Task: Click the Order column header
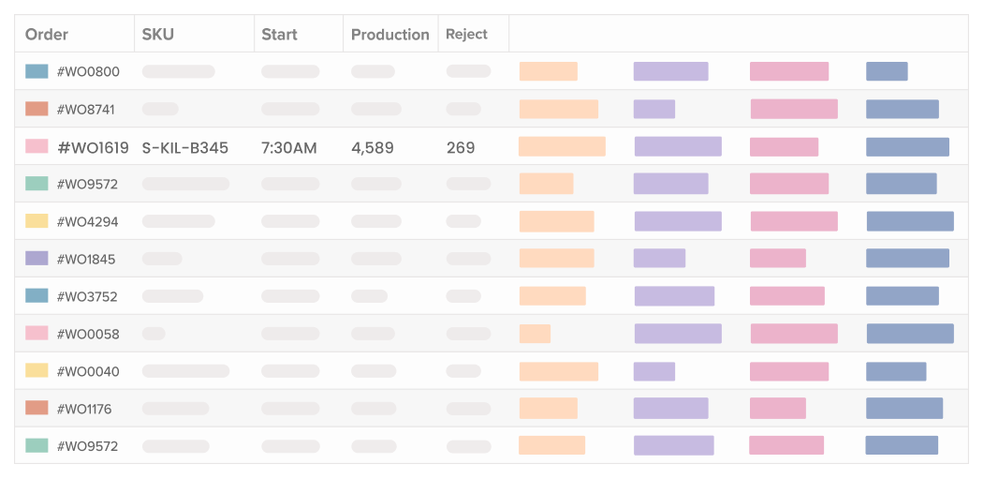tap(47, 35)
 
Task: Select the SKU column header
tap(158, 35)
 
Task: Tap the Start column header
tap(279, 35)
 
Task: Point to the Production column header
tap(389, 35)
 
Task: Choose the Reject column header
tap(466, 35)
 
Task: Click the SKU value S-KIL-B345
tap(185, 147)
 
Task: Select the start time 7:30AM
tap(288, 147)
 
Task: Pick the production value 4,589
tap(373, 147)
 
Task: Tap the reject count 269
tap(461, 147)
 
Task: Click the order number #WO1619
tap(93, 147)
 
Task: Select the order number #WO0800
tap(88, 72)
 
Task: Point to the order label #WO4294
tap(88, 222)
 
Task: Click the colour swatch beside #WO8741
tap(37, 109)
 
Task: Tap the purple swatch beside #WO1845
tap(37, 259)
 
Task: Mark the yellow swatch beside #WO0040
tap(37, 371)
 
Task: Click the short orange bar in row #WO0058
tap(535, 334)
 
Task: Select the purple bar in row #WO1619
tap(678, 146)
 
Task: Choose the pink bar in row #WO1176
tap(777, 408)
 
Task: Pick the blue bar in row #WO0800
tap(887, 71)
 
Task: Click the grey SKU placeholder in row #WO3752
tap(172, 296)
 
